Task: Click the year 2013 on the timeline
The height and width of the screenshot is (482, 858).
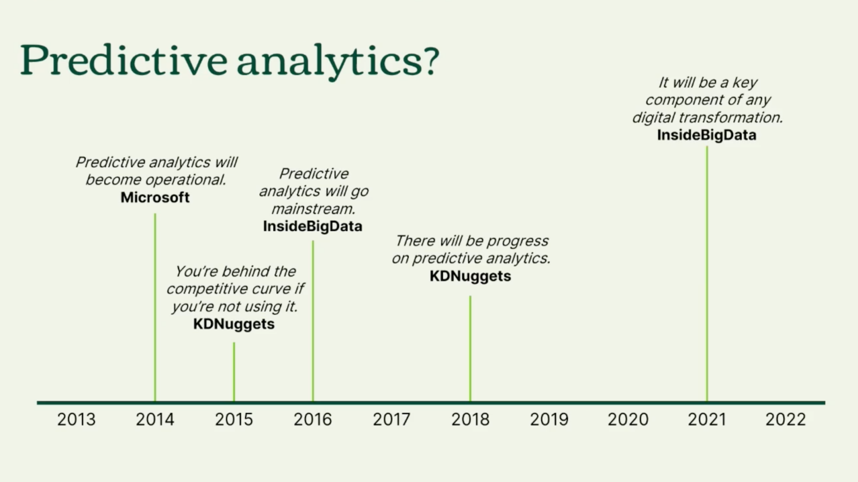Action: click(x=76, y=419)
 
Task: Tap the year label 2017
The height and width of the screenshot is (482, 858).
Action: click(x=391, y=419)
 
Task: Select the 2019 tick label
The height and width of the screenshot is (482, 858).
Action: click(x=549, y=419)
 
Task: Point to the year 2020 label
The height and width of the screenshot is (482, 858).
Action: click(x=628, y=419)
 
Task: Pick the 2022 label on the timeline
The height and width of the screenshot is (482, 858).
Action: click(x=785, y=419)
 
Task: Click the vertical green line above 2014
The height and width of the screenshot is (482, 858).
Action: click(x=155, y=308)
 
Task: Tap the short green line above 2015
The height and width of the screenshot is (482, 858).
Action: click(x=233, y=372)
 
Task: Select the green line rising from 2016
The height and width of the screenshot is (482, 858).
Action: click(x=313, y=322)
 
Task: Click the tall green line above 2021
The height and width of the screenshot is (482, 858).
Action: click(x=707, y=274)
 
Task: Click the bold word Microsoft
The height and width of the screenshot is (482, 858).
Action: click(x=155, y=197)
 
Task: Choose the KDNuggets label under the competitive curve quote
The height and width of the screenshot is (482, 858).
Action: click(x=233, y=324)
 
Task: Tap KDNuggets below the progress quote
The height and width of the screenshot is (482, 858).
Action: click(x=470, y=276)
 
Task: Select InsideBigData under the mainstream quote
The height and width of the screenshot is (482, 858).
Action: click(x=312, y=226)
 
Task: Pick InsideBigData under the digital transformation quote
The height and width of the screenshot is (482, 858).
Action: click(x=706, y=135)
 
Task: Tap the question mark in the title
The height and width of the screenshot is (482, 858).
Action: click(x=431, y=60)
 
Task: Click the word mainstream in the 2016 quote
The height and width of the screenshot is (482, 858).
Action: click(x=313, y=209)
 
